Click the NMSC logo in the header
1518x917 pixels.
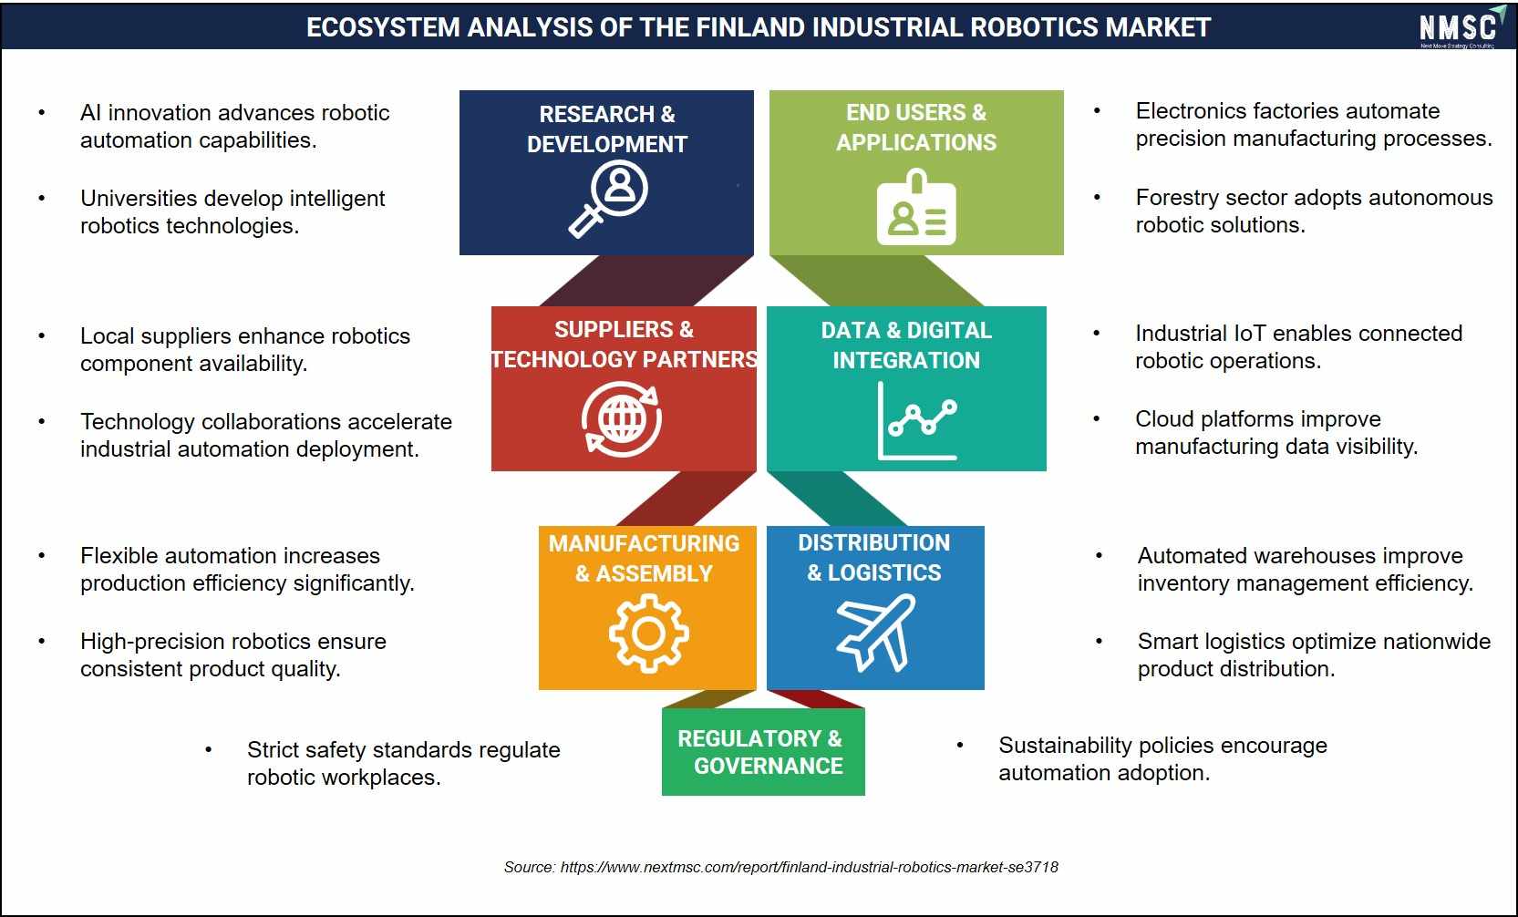coord(1461,27)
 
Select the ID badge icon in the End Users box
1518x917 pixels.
coord(916,208)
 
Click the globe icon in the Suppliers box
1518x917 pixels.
coord(622,418)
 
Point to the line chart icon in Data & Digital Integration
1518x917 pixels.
coord(917,421)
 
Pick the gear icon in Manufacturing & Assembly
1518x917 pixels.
coord(648,634)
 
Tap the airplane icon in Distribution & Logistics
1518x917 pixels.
coord(875,633)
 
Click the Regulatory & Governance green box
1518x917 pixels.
coord(763,752)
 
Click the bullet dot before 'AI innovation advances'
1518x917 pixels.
coord(42,112)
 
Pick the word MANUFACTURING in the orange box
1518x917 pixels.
coord(644,543)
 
